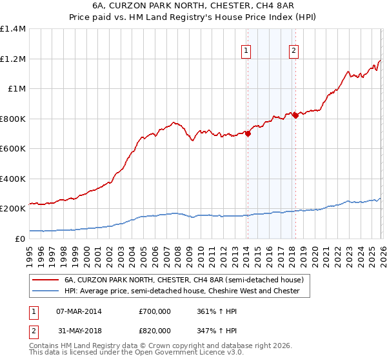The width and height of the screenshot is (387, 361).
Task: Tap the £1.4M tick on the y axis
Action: pyautogui.click(x=13, y=29)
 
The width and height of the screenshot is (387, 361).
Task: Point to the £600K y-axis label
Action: pyautogui.click(x=13, y=149)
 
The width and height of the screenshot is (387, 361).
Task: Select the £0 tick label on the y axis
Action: pyautogui.click(x=20, y=239)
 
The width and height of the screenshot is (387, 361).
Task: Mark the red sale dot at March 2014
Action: pyautogui.click(x=248, y=134)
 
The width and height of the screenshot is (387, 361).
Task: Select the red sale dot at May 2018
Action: pyautogui.click(x=295, y=115)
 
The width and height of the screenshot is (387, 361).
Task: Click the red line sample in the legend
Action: pyautogui.click(x=46, y=280)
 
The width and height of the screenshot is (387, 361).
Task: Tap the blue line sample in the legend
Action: pyautogui.click(x=46, y=291)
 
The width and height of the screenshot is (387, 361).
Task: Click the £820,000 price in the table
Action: pyautogui.click(x=155, y=330)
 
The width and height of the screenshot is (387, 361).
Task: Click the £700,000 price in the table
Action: pyautogui.click(x=155, y=311)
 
